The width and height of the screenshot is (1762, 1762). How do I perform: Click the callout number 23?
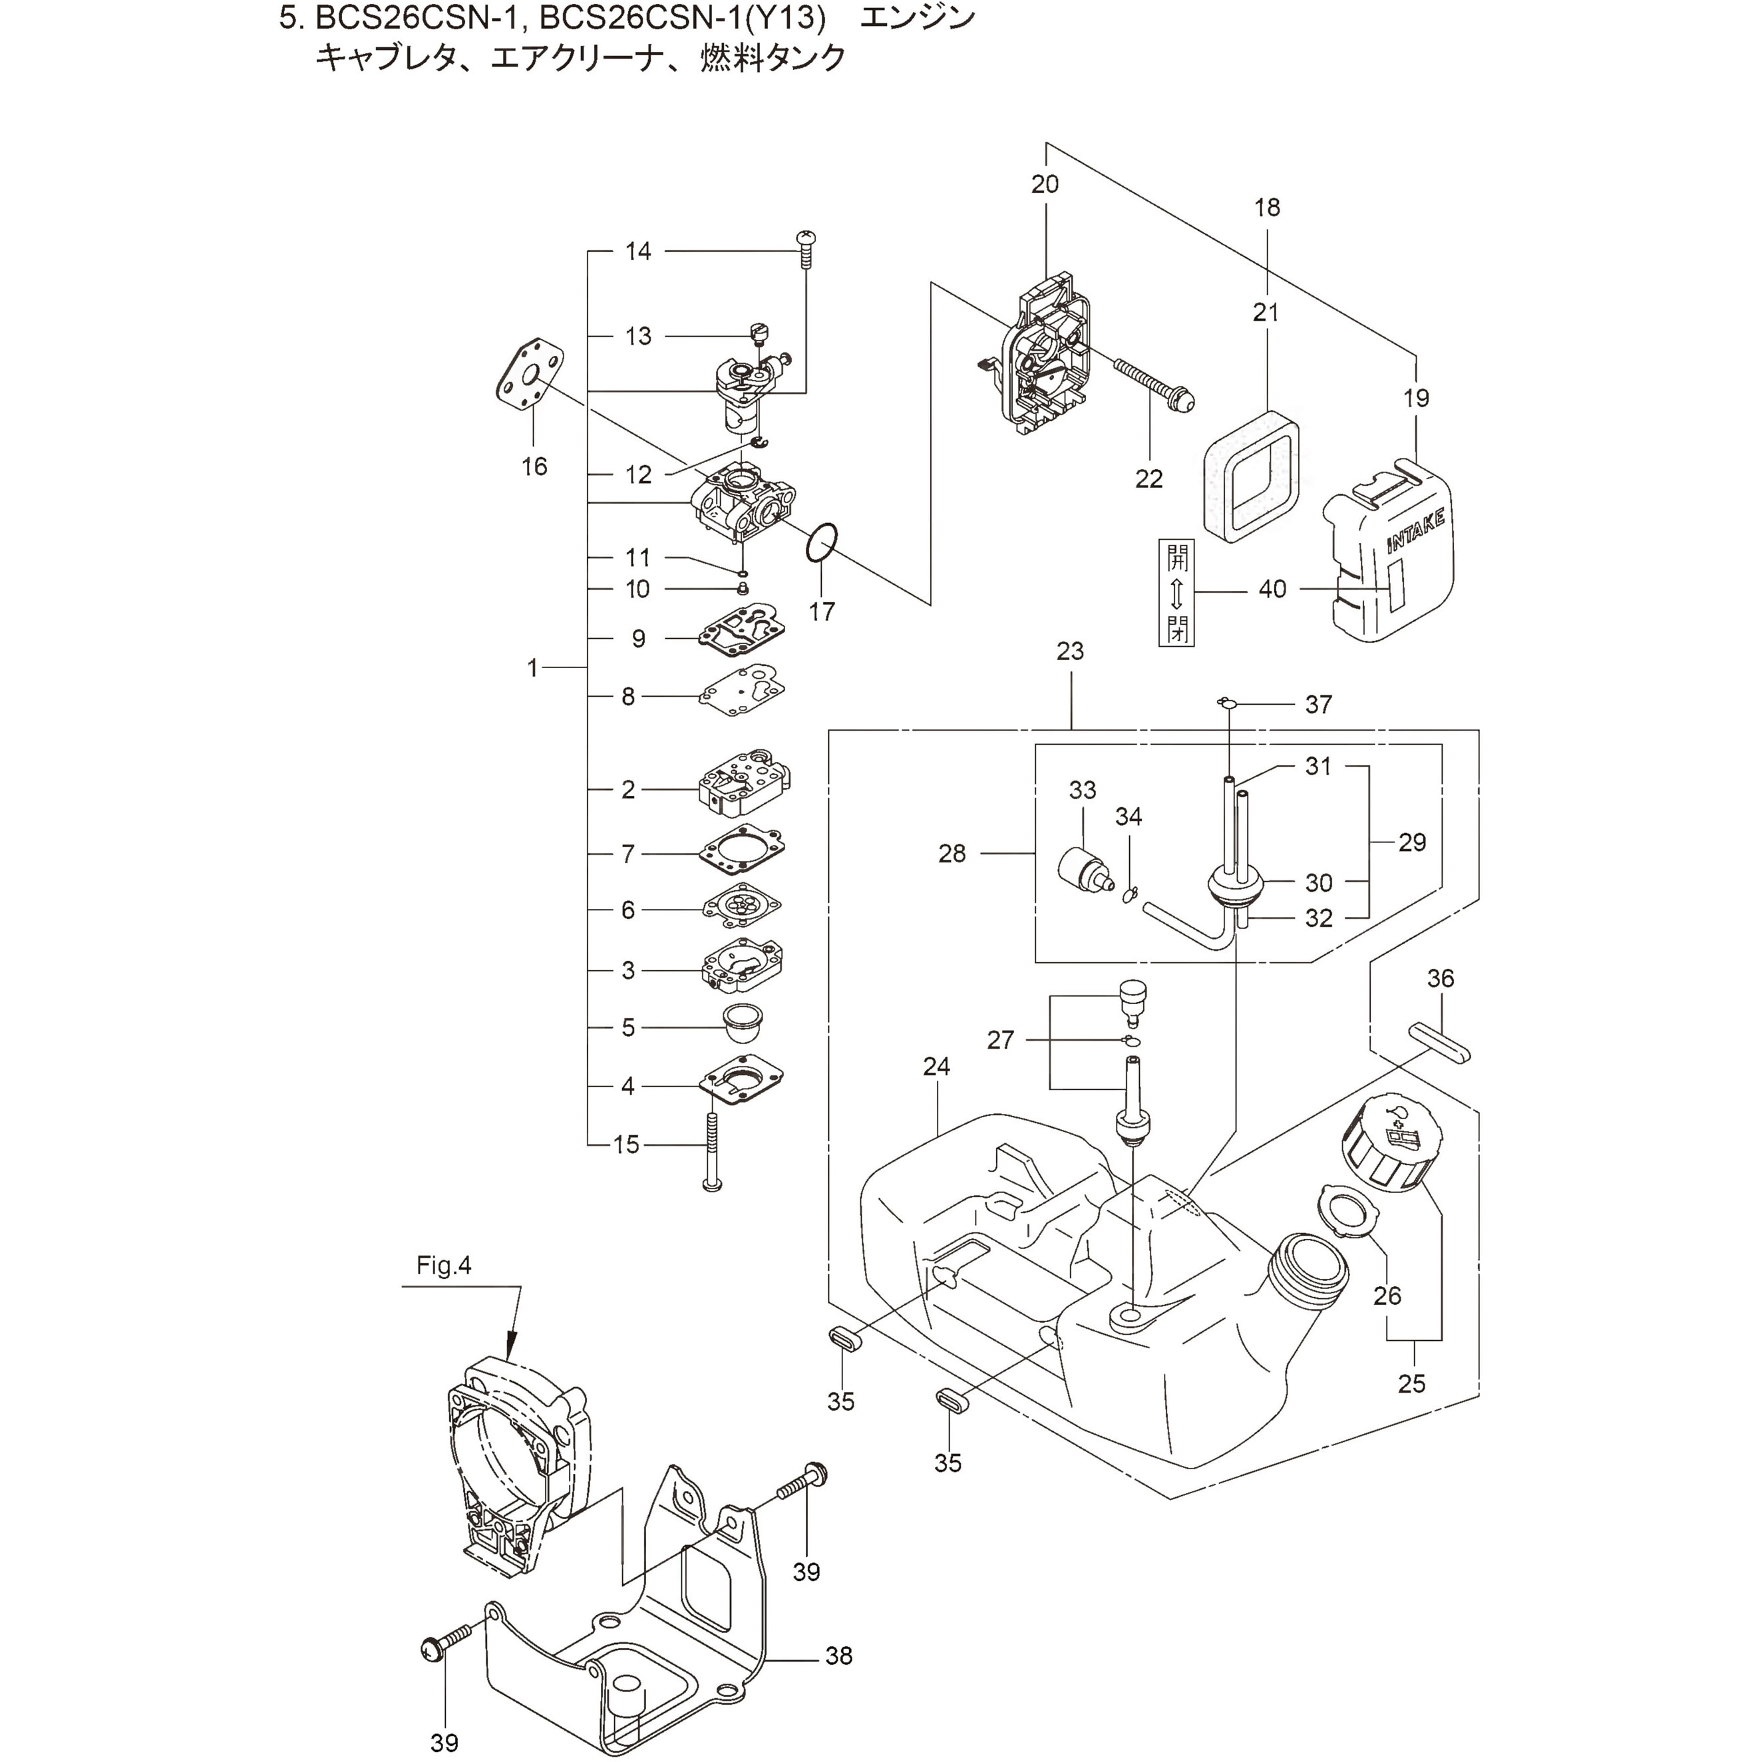pyautogui.click(x=1070, y=651)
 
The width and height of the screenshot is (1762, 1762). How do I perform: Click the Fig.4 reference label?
pyautogui.click(x=444, y=1266)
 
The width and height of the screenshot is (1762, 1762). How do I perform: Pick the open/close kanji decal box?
pyautogui.click(x=1176, y=592)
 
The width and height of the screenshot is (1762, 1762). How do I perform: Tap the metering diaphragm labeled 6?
pyautogui.click(x=741, y=908)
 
